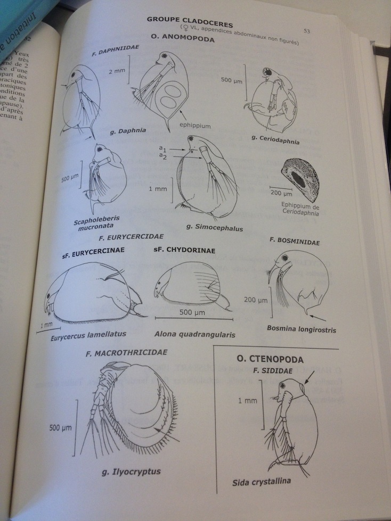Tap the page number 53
tap(307, 31)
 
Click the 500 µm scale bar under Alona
tap(194, 318)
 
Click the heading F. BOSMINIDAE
tap(295, 241)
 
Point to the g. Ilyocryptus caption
tap(131, 472)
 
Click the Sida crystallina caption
tap(261, 482)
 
